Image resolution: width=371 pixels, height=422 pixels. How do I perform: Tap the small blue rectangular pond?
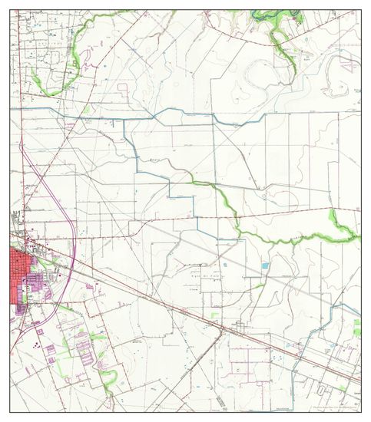tap(266, 265)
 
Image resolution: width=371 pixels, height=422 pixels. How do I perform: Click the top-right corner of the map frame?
tap(360, 10)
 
